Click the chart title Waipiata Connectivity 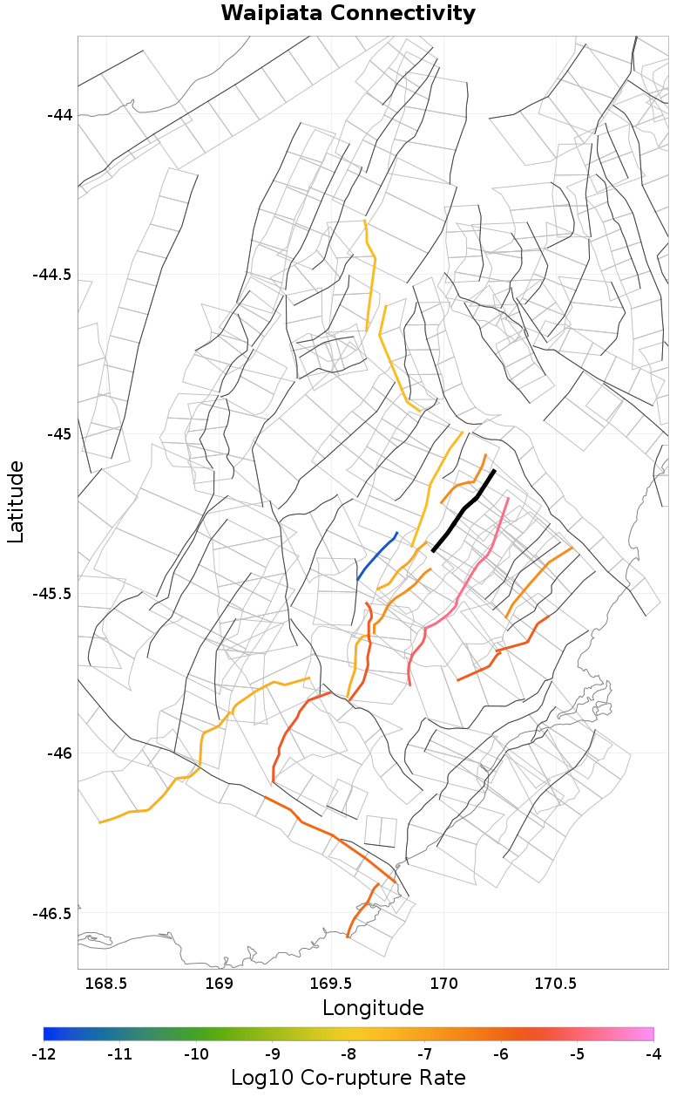348,14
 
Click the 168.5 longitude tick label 106,984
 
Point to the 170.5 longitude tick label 557,984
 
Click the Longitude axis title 373,1008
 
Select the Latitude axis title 16,502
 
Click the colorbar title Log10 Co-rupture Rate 348,1077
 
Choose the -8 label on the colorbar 348,1053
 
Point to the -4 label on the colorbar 653,1053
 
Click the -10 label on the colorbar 196,1053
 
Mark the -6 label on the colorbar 501,1053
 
